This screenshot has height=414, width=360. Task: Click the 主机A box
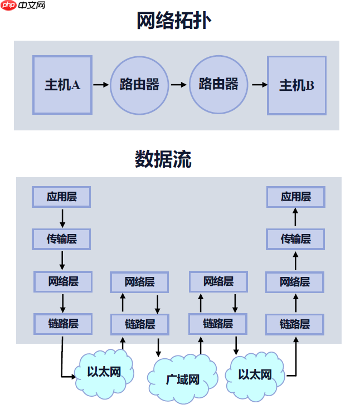pos(62,85)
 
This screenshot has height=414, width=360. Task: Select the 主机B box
pos(296,85)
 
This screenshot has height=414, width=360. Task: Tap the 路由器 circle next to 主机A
pos(139,85)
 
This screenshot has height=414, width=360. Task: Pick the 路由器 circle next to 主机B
pos(218,84)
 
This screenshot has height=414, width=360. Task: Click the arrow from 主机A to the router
pos(101,85)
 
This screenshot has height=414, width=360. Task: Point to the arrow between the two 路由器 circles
pos(179,85)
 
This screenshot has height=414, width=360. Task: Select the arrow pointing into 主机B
pos(259,85)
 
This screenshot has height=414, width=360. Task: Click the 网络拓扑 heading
pos(174,21)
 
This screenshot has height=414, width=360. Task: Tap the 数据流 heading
pos(163,159)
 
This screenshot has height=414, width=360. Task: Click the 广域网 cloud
pos(183,379)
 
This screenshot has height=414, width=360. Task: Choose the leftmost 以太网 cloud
pos(104,372)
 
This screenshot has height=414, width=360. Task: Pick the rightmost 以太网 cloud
pos(255,374)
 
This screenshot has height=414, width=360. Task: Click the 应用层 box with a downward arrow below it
pos(61,197)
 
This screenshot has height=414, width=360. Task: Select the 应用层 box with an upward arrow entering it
pos(295,197)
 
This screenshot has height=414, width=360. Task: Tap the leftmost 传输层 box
pos(61,240)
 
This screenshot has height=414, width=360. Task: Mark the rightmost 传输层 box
pos(295,239)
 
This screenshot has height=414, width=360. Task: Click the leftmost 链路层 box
pos(62,324)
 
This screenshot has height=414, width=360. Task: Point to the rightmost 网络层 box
pos(295,282)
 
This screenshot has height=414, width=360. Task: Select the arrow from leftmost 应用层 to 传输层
pos(62,218)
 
